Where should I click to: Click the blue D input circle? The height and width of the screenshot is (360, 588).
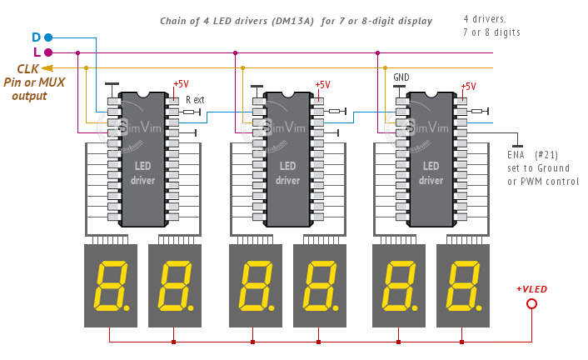click(x=47, y=37)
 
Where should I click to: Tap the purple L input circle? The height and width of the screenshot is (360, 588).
click(x=47, y=52)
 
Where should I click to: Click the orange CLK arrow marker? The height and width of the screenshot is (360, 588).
click(x=47, y=67)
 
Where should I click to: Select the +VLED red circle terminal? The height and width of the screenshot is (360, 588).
click(x=531, y=303)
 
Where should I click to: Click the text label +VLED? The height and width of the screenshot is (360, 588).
click(x=531, y=288)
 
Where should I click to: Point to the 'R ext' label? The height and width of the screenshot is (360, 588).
click(x=195, y=99)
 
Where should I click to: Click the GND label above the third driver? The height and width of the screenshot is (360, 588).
click(x=401, y=77)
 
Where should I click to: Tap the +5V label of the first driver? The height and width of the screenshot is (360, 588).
click(x=181, y=84)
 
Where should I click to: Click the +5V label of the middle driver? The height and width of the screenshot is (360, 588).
click(x=322, y=85)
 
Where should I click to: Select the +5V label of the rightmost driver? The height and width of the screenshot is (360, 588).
click(x=468, y=86)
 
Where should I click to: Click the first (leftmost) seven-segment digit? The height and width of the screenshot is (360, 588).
click(x=112, y=285)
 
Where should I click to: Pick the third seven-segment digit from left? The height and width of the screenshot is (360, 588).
click(x=256, y=285)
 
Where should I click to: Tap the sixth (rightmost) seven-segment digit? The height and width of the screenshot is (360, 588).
click(x=462, y=285)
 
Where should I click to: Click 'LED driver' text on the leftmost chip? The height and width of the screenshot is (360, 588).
click(x=143, y=172)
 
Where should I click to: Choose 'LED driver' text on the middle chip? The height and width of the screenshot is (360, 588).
click(x=287, y=172)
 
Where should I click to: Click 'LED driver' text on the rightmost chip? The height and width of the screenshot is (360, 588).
click(x=431, y=172)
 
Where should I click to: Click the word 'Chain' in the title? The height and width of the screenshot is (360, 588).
click(x=175, y=21)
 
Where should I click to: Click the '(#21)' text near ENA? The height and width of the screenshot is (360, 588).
click(x=546, y=154)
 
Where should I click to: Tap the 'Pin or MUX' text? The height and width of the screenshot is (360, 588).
click(x=34, y=82)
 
